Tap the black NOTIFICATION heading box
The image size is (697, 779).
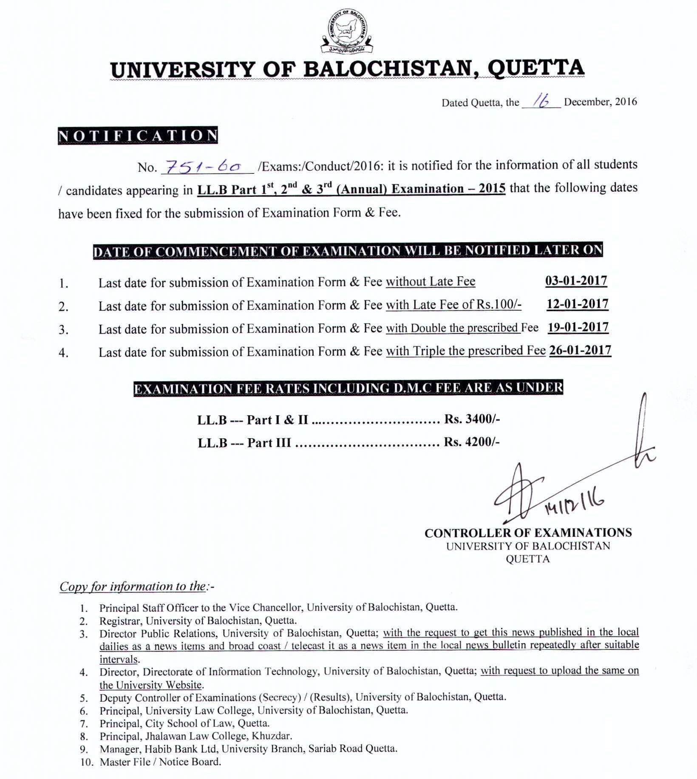pyautogui.click(x=138, y=136)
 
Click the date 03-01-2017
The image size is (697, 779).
pyautogui.click(x=576, y=281)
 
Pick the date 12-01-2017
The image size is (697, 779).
pyautogui.click(x=577, y=304)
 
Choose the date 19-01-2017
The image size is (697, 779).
pyautogui.click(x=578, y=327)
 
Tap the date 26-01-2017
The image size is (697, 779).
pyautogui.click(x=580, y=350)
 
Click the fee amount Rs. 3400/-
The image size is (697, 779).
pyautogui.click(x=472, y=419)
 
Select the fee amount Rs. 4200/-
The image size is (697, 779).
pyautogui.click(x=472, y=442)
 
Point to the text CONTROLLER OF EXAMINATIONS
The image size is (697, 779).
pyautogui.click(x=528, y=533)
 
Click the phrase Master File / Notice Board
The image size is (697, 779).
pyautogui.click(x=160, y=762)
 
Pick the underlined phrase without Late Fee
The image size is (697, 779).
pyautogui.click(x=430, y=281)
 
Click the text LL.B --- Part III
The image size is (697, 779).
pyautogui.click(x=244, y=443)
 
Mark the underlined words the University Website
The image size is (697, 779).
pyautogui.click(x=150, y=685)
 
